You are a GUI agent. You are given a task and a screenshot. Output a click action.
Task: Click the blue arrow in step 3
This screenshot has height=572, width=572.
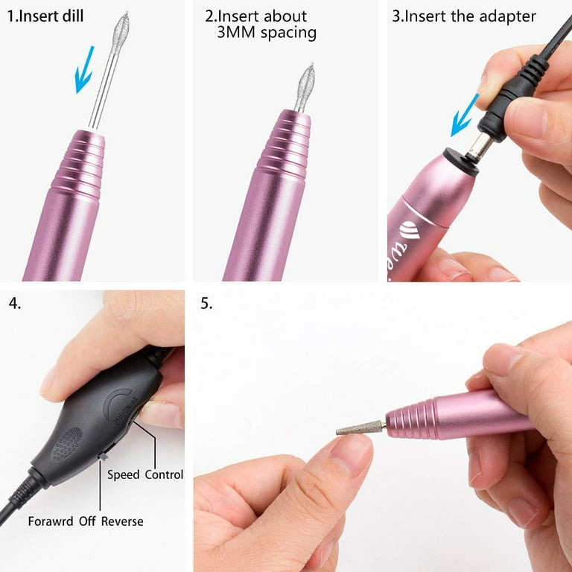[x=466, y=115]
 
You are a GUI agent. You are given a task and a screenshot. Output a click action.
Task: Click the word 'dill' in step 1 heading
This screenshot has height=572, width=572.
[x=68, y=15]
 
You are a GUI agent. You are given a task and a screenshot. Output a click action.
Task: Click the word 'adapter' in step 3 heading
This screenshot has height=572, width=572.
[x=506, y=16]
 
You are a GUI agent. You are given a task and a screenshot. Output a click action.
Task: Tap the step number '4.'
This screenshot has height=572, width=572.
[x=15, y=303]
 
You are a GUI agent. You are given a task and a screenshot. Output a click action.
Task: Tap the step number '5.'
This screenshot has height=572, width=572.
[x=206, y=303]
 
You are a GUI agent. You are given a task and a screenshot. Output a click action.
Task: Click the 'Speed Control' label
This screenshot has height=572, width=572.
[x=145, y=474]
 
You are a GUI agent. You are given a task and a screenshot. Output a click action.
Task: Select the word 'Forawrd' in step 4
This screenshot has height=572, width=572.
[x=51, y=521]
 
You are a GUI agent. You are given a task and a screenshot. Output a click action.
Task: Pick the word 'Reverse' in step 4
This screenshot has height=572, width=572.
[x=123, y=521]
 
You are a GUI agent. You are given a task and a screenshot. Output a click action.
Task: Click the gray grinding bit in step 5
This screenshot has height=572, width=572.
[x=359, y=429]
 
